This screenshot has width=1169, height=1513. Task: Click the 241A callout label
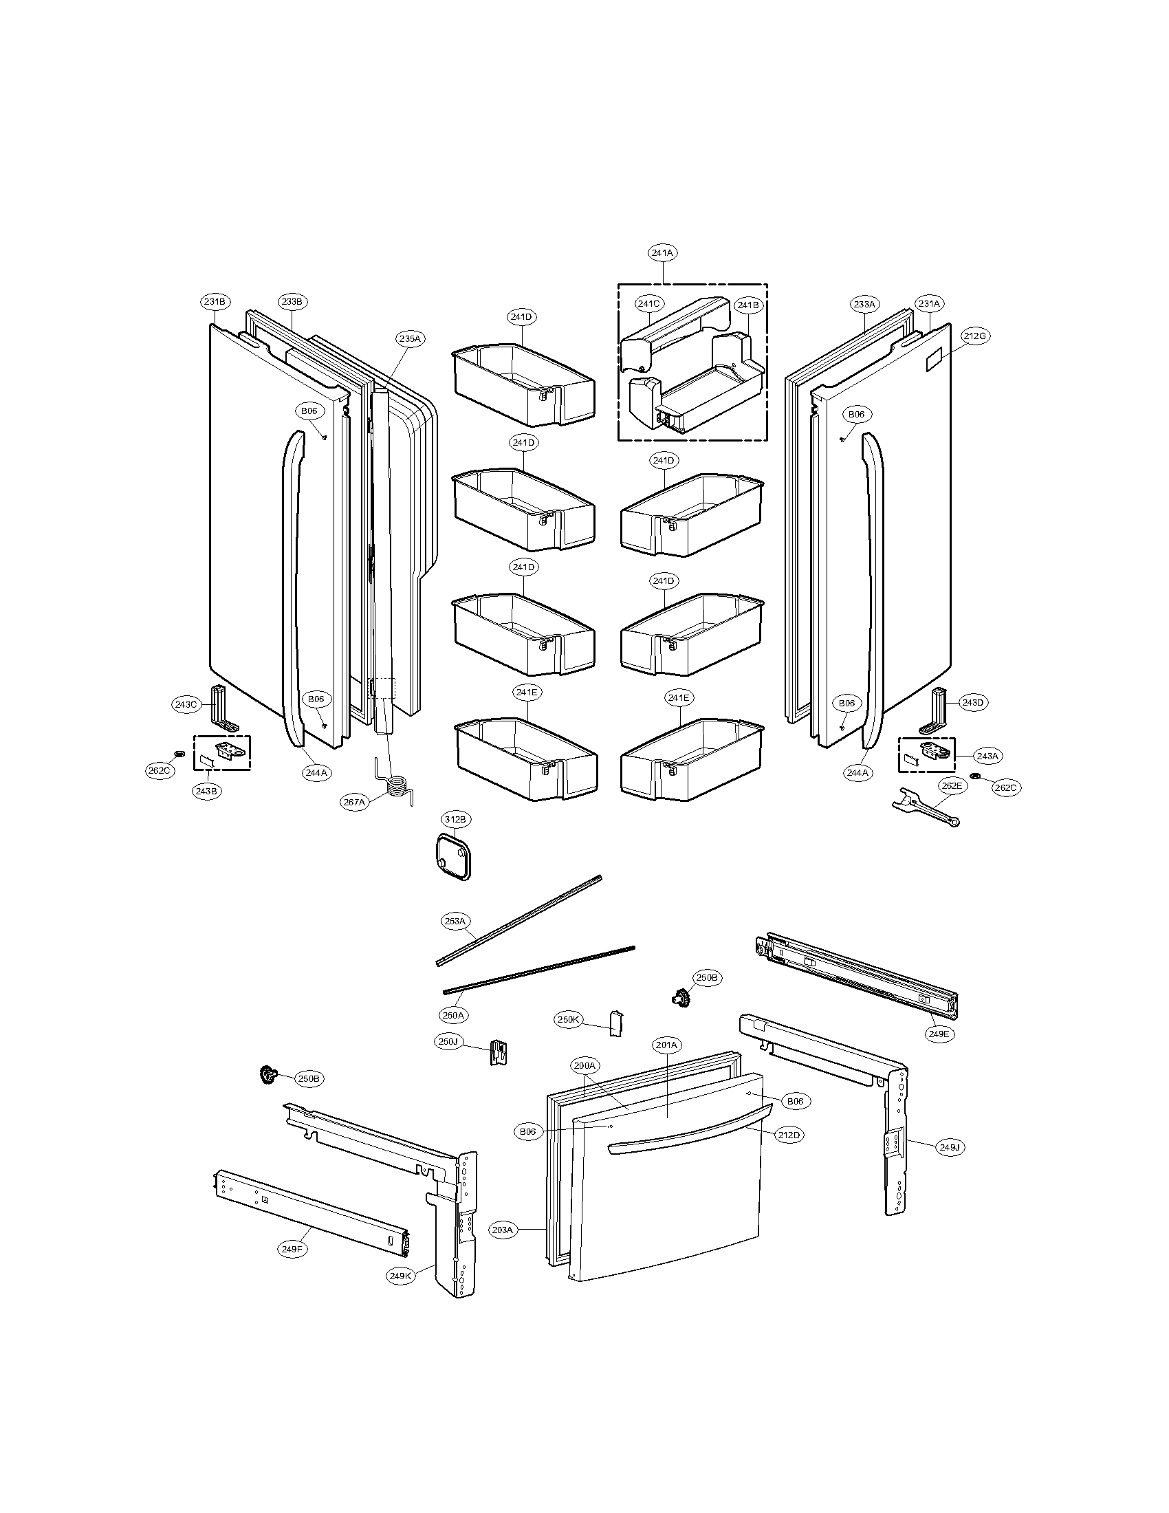tap(662, 253)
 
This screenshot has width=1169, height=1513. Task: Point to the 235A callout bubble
tap(408, 338)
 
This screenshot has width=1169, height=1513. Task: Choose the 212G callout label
tap(974, 336)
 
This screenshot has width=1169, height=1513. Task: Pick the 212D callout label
tap(789, 1135)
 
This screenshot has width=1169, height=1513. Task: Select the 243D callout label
tap(971, 702)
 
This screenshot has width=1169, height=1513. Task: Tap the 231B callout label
tap(215, 301)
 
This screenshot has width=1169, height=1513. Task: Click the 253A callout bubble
tap(455, 921)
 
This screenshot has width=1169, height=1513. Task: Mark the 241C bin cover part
tap(675, 333)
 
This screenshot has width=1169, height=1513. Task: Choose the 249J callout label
tap(949, 1147)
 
